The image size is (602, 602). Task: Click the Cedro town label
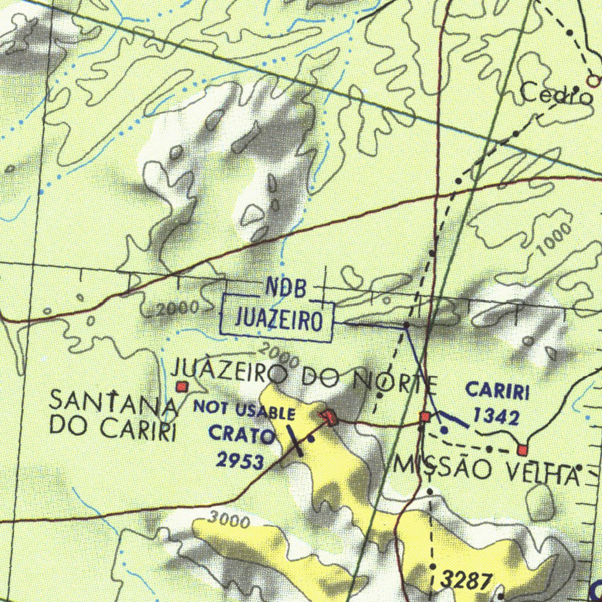[x=556, y=94]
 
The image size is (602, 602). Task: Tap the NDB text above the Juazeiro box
[x=286, y=287]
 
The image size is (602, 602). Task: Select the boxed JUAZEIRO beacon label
[x=279, y=320]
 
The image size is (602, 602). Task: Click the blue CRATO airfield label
[x=242, y=436]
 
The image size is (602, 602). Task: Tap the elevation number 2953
[x=240, y=460]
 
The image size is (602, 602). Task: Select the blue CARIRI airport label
[x=497, y=390]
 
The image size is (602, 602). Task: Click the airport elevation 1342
[x=497, y=417]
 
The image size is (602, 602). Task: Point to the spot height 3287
[x=467, y=581]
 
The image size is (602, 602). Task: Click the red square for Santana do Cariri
[x=182, y=387]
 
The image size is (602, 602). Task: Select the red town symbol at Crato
[x=330, y=418]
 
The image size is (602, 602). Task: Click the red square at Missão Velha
[x=522, y=450]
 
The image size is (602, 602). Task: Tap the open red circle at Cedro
[x=595, y=81]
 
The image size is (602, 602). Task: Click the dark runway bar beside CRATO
[x=294, y=440]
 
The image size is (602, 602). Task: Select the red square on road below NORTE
[x=424, y=417]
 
